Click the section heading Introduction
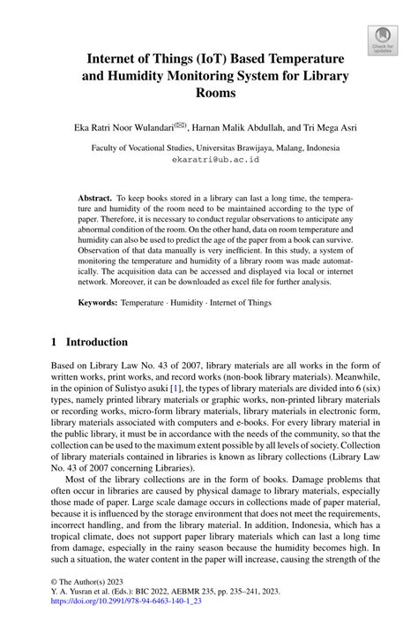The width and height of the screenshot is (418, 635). (93, 342)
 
